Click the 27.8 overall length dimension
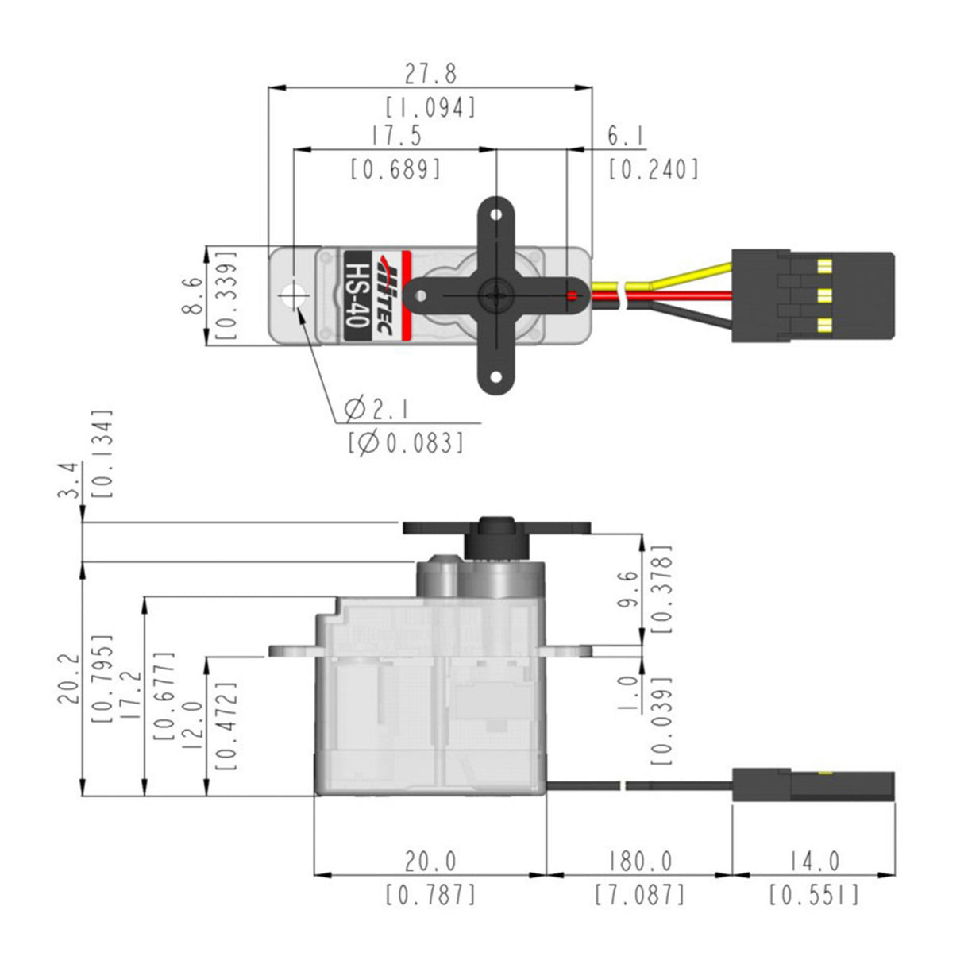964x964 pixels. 430,75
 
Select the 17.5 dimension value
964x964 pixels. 396,136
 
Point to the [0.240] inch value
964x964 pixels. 654,169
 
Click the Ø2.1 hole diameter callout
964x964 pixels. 377,410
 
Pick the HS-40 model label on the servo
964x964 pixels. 358,295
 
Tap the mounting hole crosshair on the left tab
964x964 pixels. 294,295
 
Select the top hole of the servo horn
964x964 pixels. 495,214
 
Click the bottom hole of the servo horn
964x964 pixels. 495,378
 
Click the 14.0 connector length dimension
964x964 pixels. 813,861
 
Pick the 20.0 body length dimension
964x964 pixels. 430,861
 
